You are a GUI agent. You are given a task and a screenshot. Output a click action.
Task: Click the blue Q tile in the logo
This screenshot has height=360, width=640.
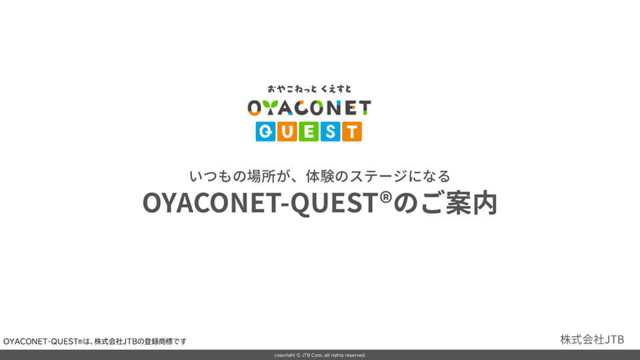point(266,131)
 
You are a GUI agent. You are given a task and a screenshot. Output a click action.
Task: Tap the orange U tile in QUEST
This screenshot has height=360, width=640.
point(287,131)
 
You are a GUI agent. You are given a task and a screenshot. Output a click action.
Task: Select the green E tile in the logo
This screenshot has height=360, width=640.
point(309,131)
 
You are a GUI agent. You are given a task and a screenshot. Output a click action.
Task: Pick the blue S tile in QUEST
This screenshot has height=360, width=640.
point(330,131)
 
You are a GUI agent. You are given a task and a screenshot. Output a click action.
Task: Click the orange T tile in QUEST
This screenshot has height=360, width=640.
point(352,131)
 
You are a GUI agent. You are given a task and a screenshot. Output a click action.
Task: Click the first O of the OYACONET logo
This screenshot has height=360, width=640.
point(254,108)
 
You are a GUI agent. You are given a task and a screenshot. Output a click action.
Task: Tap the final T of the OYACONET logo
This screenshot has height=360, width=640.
point(364,108)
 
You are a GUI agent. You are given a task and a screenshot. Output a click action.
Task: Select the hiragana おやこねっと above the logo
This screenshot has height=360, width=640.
point(292,89)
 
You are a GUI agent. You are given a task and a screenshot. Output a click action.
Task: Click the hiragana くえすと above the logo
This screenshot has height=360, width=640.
point(336,89)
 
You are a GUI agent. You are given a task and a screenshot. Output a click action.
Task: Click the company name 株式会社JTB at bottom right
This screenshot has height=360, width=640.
point(592,339)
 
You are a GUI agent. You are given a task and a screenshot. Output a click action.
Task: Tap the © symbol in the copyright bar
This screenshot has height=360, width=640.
point(299,355)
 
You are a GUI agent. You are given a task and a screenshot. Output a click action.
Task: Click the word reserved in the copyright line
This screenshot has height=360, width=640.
point(355,355)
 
